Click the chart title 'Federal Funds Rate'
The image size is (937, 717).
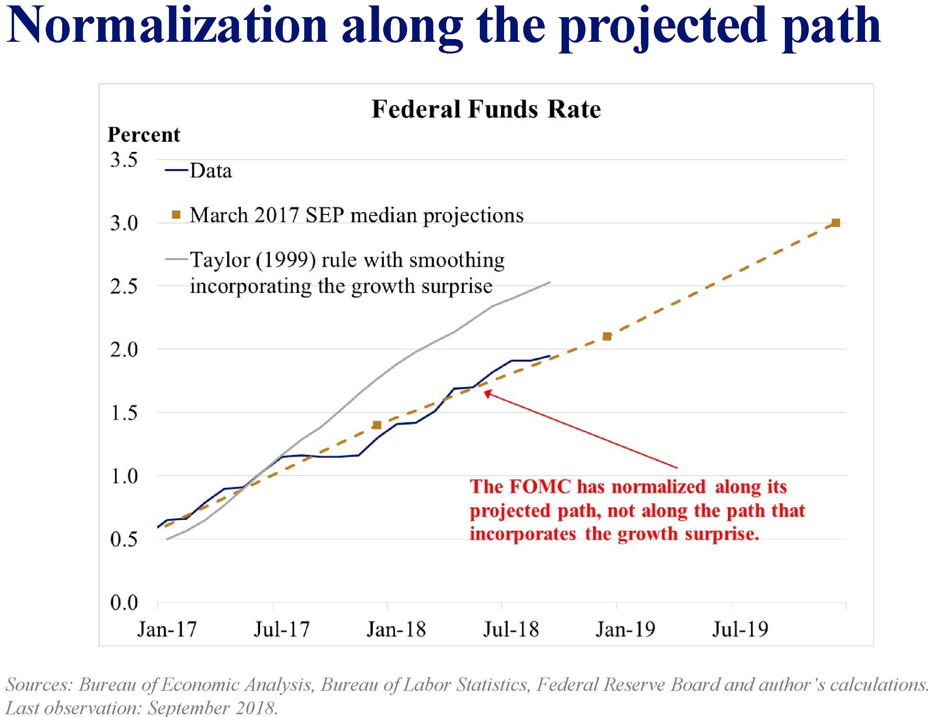[x=486, y=109]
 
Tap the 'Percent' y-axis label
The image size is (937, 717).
[x=144, y=135]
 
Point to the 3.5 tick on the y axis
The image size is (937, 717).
[x=124, y=160]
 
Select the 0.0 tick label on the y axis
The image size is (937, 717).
[x=124, y=603]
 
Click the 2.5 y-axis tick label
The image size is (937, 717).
[x=124, y=286]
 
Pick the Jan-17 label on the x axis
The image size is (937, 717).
[x=167, y=630]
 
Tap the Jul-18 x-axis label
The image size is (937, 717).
[x=511, y=630]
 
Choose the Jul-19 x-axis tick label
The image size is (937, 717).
[x=740, y=630]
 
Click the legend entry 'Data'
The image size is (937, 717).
[x=211, y=171]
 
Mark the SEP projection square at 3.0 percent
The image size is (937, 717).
[x=836, y=223]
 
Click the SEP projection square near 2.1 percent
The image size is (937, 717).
[x=607, y=336]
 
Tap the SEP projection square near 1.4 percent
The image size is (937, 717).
[x=377, y=425]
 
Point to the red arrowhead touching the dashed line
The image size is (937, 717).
[x=488, y=394]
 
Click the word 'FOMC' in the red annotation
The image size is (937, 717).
[x=540, y=487]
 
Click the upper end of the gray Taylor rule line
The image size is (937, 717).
[x=549, y=282]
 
